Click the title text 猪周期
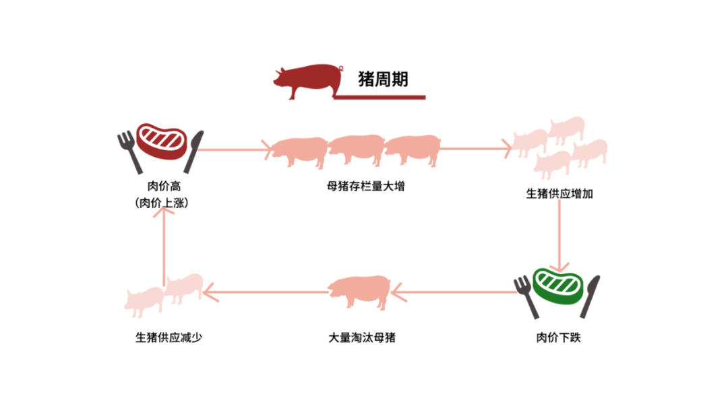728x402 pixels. coord(383,79)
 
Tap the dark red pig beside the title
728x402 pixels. coord(307,81)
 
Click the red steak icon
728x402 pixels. coord(162,140)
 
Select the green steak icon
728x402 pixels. coord(557,285)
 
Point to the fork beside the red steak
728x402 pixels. coord(128,149)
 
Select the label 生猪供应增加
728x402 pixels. coord(559,195)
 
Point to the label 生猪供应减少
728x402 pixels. coord(169,337)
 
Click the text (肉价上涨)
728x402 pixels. coord(161,202)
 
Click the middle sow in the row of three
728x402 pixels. coord(356,149)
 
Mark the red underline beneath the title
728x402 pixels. coord(380,98)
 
